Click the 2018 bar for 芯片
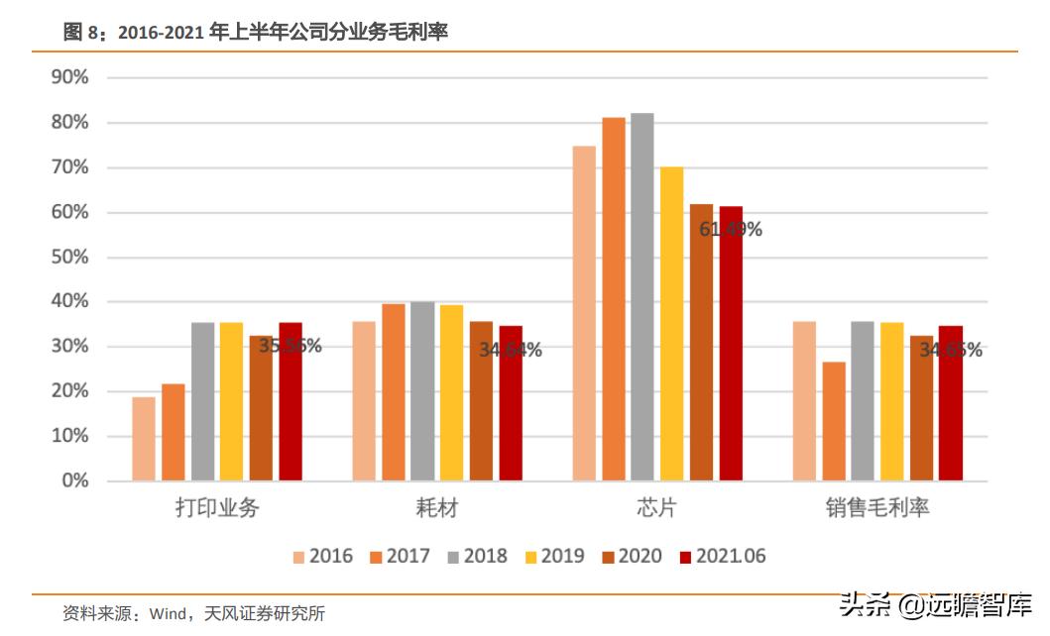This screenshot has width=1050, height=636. click(642, 297)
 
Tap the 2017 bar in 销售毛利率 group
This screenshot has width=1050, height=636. click(834, 421)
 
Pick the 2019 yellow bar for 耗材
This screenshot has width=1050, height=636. click(451, 392)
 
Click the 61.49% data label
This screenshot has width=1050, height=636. click(731, 230)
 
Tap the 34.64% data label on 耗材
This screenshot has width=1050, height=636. click(511, 350)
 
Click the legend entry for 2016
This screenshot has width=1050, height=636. click(322, 556)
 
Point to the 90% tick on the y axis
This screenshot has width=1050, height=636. click(69, 77)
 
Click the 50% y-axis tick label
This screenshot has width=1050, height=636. click(69, 257)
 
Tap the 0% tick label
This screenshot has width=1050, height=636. click(74, 480)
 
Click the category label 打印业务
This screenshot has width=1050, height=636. click(217, 508)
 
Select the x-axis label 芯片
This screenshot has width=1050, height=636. click(656, 508)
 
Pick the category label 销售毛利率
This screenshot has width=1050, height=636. click(877, 508)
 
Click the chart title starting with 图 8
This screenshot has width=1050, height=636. click(256, 33)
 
